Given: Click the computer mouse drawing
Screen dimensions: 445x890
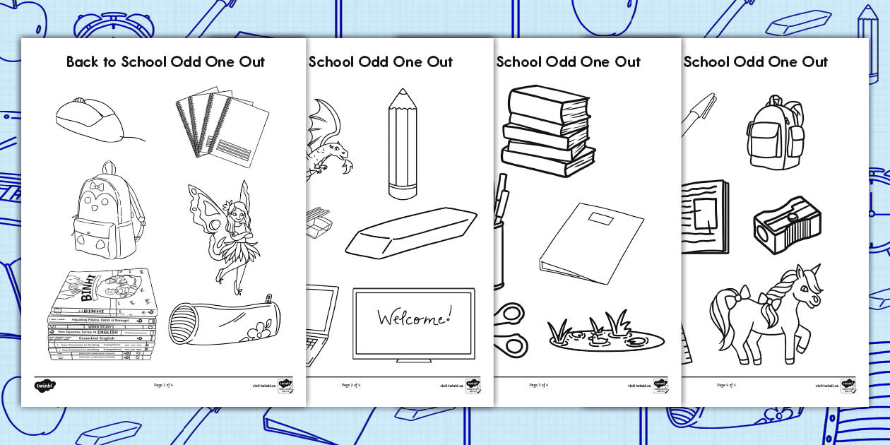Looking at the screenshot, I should (x=89, y=119).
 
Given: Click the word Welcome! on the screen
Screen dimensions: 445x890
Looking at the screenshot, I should (x=413, y=318).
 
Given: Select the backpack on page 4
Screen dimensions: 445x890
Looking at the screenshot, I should (x=775, y=133).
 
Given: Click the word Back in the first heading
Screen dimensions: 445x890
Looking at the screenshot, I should (x=81, y=62).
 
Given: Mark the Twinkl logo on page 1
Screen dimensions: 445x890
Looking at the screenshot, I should (x=44, y=386).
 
